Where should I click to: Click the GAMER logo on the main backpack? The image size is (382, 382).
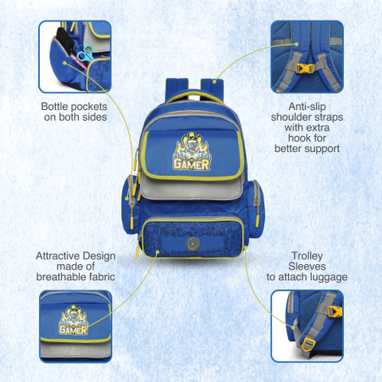coord(192,152)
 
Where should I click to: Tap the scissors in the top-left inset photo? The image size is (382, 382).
coord(85,55)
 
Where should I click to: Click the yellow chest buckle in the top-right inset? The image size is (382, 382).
coord(305,68)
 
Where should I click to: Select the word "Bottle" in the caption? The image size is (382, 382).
coord(55,107)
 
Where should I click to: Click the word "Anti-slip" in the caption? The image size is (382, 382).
coord(307,107)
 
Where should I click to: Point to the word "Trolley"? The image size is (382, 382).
coord(307,256)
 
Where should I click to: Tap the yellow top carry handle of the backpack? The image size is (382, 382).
coord(193,96)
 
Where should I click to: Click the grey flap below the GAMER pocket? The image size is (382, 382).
coord(191,189)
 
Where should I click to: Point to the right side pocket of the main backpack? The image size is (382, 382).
coord(255,209)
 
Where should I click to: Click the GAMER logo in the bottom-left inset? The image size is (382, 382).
coord(73,320)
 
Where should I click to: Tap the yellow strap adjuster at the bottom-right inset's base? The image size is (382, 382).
coord(309,345)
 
